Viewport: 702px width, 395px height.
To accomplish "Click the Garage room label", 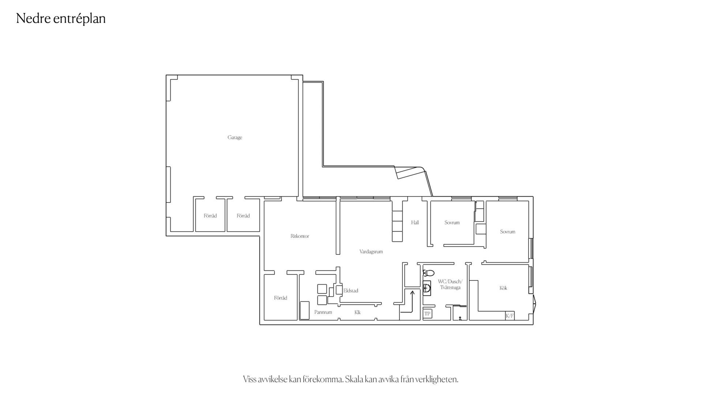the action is pyautogui.click(x=234, y=138).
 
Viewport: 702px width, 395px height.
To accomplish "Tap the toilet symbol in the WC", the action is pyautogui.click(x=428, y=273).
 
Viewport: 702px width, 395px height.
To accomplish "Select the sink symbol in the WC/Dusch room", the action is pyautogui.click(x=427, y=289).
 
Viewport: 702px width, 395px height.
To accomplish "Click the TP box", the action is pyautogui.click(x=427, y=314).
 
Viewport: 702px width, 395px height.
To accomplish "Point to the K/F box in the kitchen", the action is pyautogui.click(x=510, y=316).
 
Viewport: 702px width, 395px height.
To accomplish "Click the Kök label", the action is pyautogui.click(x=503, y=288).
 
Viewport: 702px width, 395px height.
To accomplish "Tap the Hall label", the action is pyautogui.click(x=415, y=222).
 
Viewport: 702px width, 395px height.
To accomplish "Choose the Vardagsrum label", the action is pyautogui.click(x=371, y=252).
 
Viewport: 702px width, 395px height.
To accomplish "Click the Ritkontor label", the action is pyautogui.click(x=300, y=236).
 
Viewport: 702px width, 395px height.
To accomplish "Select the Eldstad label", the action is pyautogui.click(x=351, y=291).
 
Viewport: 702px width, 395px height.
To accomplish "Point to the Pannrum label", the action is pyautogui.click(x=323, y=312).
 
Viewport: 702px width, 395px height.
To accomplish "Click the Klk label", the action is pyautogui.click(x=357, y=312).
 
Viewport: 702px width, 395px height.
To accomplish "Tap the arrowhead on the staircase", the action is pyautogui.click(x=412, y=292).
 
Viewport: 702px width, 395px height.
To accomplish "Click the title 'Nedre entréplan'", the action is pyautogui.click(x=61, y=18).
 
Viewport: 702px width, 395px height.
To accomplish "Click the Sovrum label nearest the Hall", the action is pyautogui.click(x=452, y=222).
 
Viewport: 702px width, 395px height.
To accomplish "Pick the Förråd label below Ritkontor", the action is pyautogui.click(x=281, y=298).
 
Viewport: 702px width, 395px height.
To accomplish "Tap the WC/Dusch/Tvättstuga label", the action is pyautogui.click(x=450, y=285).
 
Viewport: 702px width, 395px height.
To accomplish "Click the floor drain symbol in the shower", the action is pyautogui.click(x=460, y=319).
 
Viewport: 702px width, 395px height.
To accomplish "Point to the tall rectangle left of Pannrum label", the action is pyautogui.click(x=304, y=311).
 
